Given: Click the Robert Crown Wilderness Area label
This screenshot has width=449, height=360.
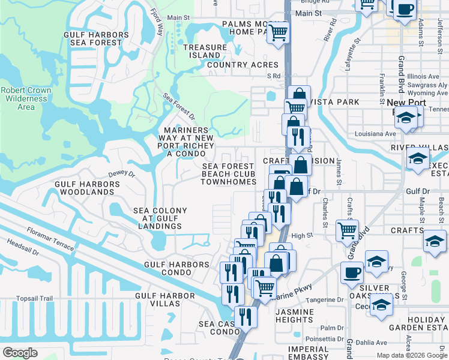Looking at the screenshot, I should point(26,98).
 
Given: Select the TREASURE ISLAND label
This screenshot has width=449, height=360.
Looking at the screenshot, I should point(206,51).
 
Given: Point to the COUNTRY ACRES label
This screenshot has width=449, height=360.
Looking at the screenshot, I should point(243,65).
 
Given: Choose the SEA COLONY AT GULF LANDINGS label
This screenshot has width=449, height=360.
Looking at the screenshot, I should point(160,218).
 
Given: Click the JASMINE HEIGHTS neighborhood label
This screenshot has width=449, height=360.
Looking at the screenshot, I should point(294,316).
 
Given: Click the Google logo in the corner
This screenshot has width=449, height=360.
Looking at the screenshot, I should point(20,353).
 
